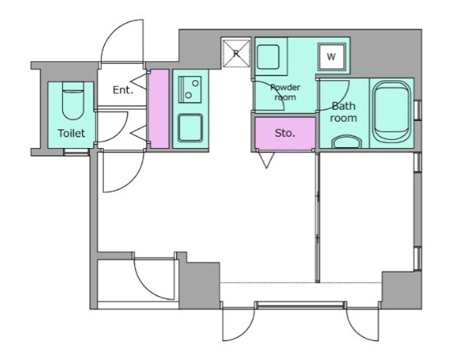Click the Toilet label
point(71,133)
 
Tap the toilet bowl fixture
point(73,101)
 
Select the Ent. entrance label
point(123,90)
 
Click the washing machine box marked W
point(332,56)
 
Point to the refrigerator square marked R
point(237,53)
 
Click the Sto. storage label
point(285,133)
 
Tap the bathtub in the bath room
point(391,112)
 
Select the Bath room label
point(343,112)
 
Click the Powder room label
point(285,92)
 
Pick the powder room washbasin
point(268,56)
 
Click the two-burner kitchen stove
point(190,89)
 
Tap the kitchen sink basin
point(190,128)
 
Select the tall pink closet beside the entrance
point(159,109)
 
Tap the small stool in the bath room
point(346,142)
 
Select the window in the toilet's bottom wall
point(76,152)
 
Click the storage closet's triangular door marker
point(266,160)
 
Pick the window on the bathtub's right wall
point(418,110)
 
